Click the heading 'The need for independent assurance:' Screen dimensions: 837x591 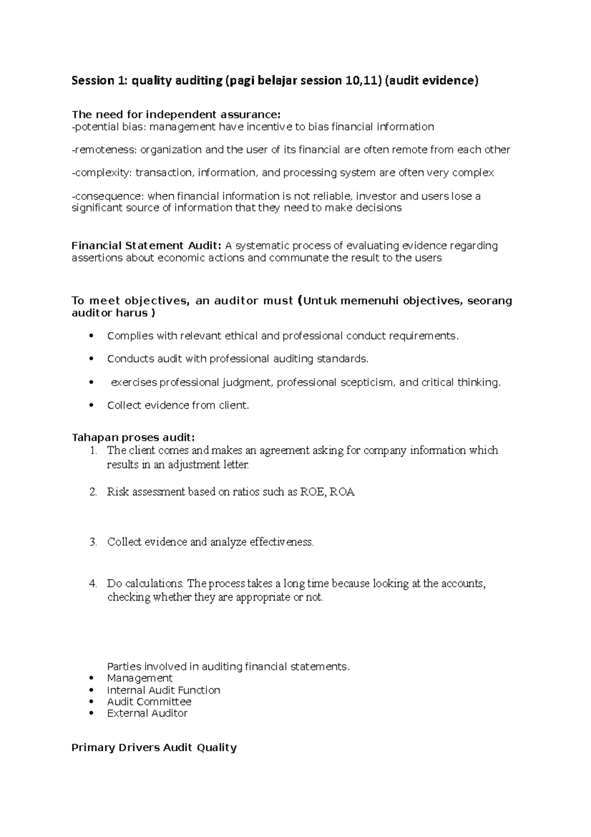(x=175, y=115)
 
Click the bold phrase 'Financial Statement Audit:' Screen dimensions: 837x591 (x=147, y=245)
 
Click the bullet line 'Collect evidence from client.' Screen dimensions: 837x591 (x=178, y=406)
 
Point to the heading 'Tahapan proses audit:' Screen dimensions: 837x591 (x=133, y=438)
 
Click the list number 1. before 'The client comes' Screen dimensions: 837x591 (x=93, y=451)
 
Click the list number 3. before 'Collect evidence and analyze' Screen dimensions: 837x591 (x=93, y=542)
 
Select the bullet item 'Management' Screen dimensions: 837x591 (x=140, y=678)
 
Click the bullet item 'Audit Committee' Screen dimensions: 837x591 (x=149, y=701)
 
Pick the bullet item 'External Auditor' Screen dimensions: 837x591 (x=147, y=713)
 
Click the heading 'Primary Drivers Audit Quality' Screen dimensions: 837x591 (x=154, y=748)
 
